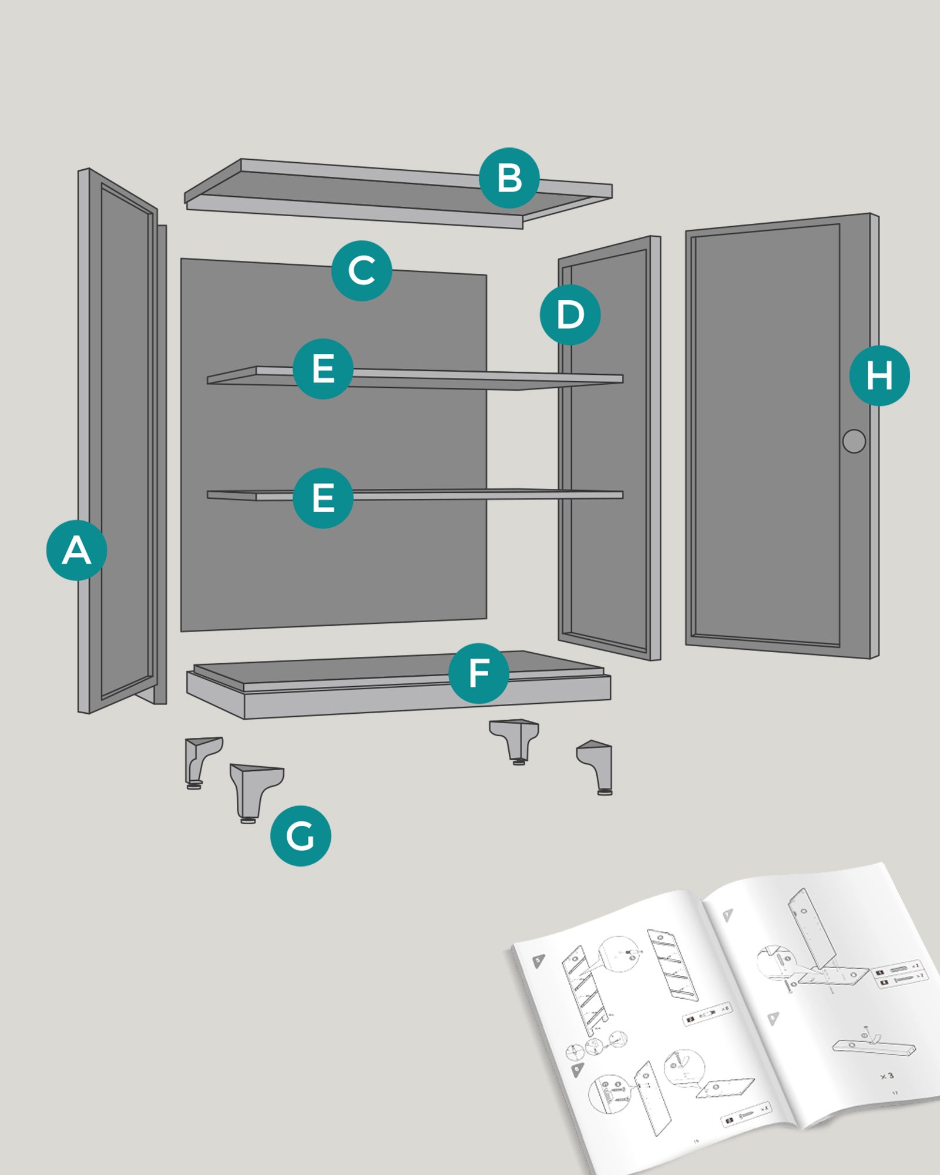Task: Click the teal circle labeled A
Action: click(76, 550)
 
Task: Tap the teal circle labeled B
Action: click(509, 177)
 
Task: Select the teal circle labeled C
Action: click(361, 270)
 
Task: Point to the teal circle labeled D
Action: click(570, 314)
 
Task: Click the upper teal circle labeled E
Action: click(323, 368)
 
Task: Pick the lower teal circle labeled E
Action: click(323, 498)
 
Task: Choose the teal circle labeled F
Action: click(479, 673)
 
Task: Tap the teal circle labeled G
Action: click(300, 835)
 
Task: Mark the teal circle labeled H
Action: click(879, 375)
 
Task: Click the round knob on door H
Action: click(854, 441)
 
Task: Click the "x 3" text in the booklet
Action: click(887, 1076)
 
